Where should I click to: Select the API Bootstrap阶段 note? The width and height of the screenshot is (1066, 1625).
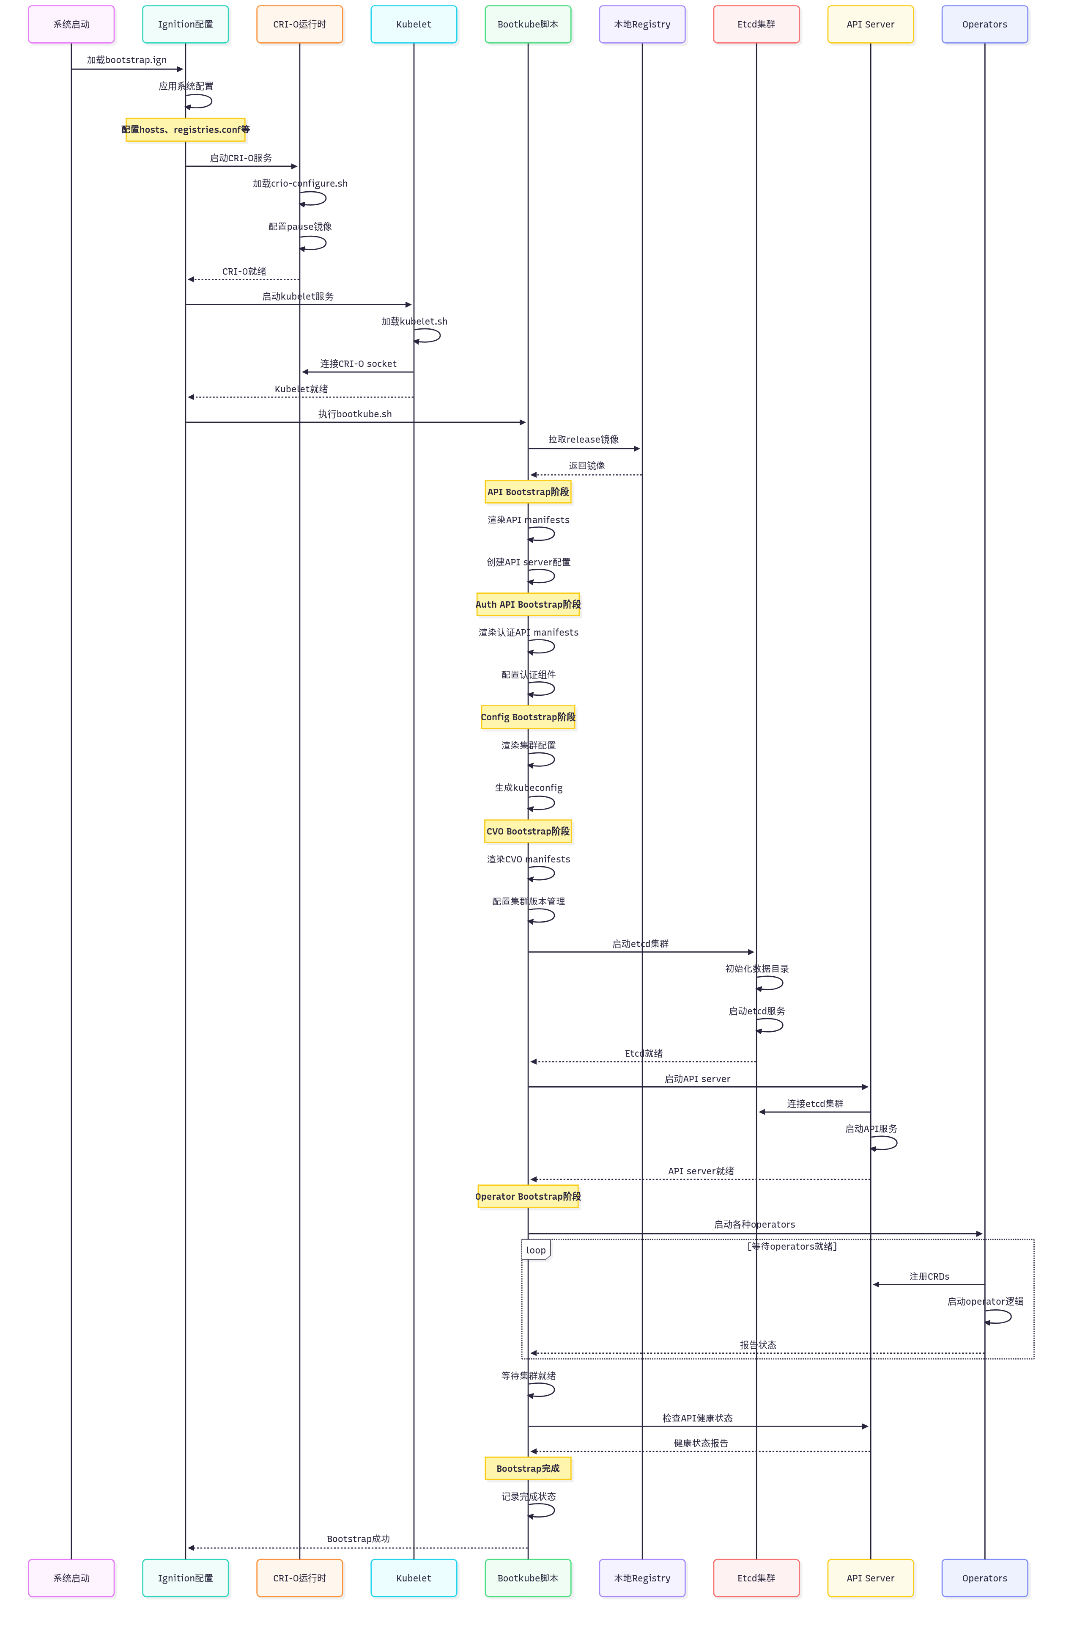coord(528,492)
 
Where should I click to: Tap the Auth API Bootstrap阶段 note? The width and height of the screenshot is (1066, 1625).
coord(528,604)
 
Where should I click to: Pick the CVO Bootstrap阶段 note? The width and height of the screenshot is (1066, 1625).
coord(528,831)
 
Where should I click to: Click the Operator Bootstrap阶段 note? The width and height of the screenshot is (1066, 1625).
coord(528,1196)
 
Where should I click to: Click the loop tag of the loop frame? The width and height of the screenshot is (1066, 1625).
coord(536,1250)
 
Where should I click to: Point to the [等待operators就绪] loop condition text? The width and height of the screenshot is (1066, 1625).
coord(792,1246)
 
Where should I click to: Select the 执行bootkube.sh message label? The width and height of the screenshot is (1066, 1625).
coord(355,414)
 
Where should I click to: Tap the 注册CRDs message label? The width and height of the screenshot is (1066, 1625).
coord(929,1276)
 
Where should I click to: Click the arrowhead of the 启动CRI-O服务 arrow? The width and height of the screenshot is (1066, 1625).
coord(294,166)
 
